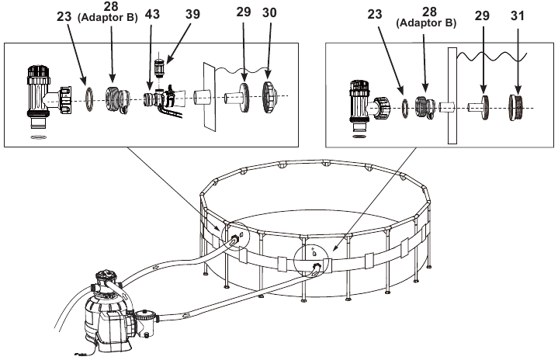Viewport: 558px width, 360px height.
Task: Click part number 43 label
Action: [x=152, y=15]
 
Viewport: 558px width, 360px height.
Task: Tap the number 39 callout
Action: [x=193, y=14]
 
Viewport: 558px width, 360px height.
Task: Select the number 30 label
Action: [x=269, y=13]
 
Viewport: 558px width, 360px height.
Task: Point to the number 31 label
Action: [x=518, y=16]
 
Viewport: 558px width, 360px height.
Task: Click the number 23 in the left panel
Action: [x=64, y=16]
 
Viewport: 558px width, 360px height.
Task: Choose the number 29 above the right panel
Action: [x=482, y=16]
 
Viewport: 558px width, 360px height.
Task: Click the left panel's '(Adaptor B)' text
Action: [x=107, y=18]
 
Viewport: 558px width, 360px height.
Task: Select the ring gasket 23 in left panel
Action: [x=88, y=99]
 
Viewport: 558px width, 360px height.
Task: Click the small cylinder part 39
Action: [x=160, y=67]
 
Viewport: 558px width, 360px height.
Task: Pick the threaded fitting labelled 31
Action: [x=516, y=107]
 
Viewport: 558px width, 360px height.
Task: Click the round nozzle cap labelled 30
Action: [x=269, y=97]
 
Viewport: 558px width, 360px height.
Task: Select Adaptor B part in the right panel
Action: [x=425, y=107]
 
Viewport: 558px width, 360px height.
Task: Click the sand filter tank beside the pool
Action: [x=104, y=306]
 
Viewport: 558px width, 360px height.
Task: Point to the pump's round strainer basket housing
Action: [x=145, y=322]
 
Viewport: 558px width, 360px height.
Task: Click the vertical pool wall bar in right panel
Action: [x=452, y=95]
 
